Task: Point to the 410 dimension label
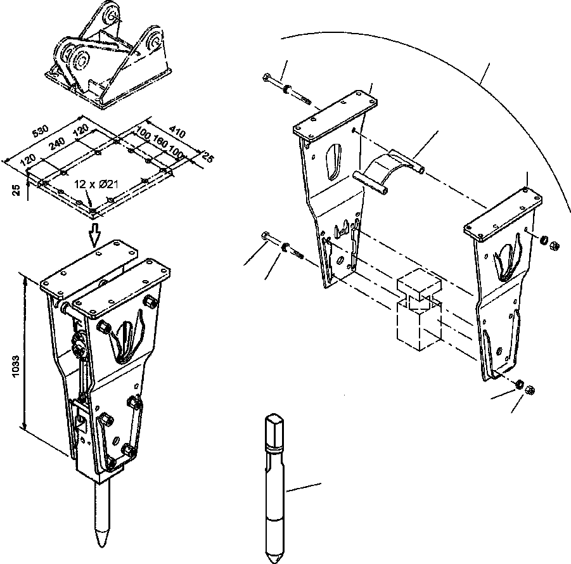(177, 132)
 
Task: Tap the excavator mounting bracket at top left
(108, 57)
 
